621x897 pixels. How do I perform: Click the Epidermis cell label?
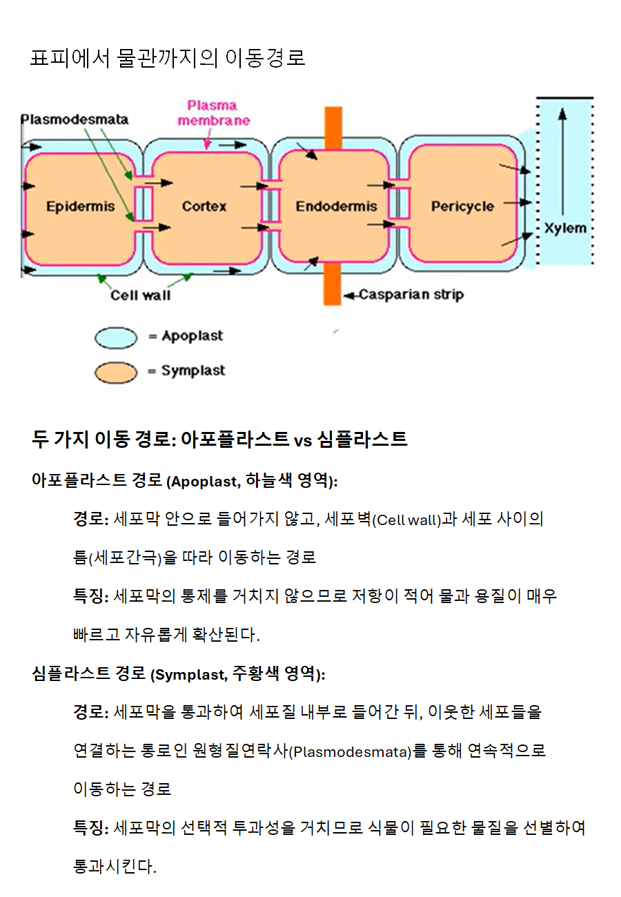[x=81, y=206]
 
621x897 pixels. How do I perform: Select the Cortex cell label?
[x=204, y=206]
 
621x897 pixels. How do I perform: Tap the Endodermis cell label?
[x=336, y=206]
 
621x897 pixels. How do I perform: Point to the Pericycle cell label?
[x=462, y=206]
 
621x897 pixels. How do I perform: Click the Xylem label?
[x=565, y=228]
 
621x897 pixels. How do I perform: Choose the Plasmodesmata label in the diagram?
[x=75, y=120]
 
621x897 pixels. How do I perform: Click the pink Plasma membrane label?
[x=213, y=113]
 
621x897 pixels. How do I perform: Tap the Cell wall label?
[x=141, y=295]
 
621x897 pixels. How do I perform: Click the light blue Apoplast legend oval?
[x=116, y=337]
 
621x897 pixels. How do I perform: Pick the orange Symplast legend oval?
[x=116, y=373]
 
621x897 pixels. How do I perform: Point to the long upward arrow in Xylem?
[x=562, y=161]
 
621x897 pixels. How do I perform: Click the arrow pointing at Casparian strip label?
[x=351, y=296]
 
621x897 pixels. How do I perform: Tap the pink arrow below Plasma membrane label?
[x=208, y=139]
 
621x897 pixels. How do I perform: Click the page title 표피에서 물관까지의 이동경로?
[x=168, y=57]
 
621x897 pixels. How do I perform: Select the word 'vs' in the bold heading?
[x=303, y=441]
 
